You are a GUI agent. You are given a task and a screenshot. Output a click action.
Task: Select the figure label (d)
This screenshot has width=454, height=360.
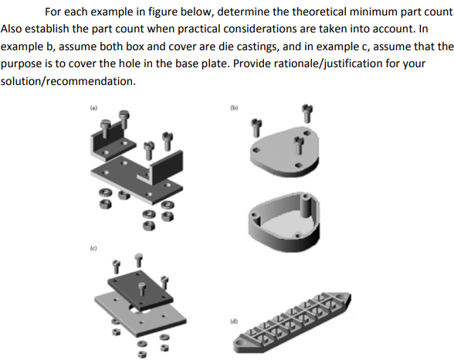pyautogui.click(x=232, y=318)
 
